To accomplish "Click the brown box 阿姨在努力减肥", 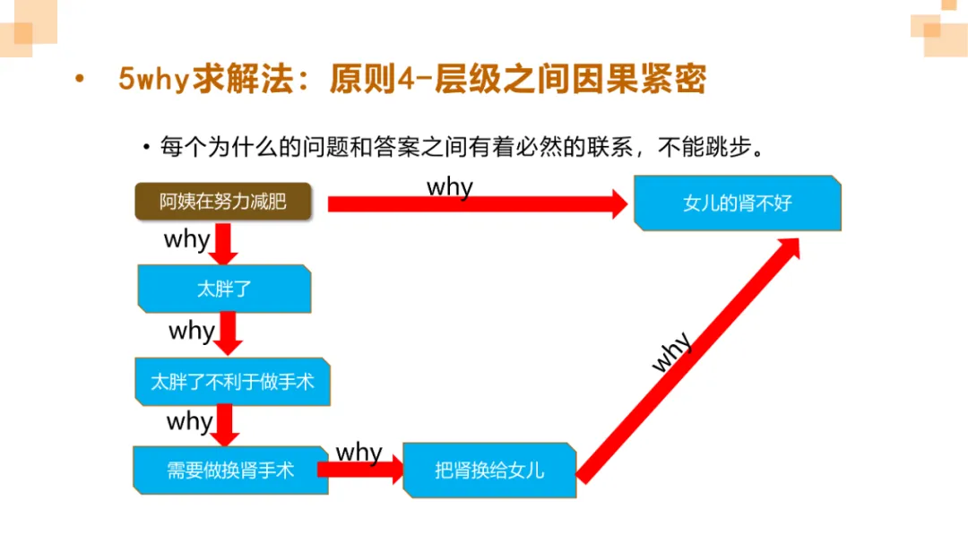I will click(223, 202).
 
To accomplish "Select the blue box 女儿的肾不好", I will click(737, 203).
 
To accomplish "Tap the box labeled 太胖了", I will click(224, 289).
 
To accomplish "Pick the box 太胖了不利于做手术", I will click(232, 381).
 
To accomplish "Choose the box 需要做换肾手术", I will click(230, 470).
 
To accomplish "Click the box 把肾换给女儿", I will click(489, 470).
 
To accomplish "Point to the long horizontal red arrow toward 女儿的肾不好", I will click(475, 204).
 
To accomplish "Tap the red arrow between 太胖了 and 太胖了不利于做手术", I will click(229, 333).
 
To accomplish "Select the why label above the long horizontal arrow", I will click(449, 186).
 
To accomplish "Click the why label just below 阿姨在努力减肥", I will click(186, 239).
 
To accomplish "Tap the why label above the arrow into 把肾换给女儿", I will click(359, 452).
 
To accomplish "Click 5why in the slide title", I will click(153, 80).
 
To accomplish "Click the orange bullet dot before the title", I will click(80, 79).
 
